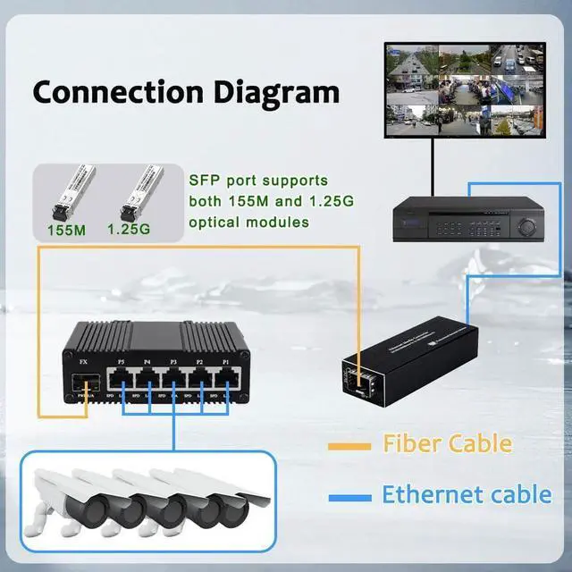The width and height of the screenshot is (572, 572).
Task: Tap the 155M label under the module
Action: tap(66, 231)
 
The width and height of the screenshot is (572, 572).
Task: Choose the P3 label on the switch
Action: tap(174, 363)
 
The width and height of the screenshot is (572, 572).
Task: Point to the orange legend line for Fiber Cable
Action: tap(350, 443)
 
